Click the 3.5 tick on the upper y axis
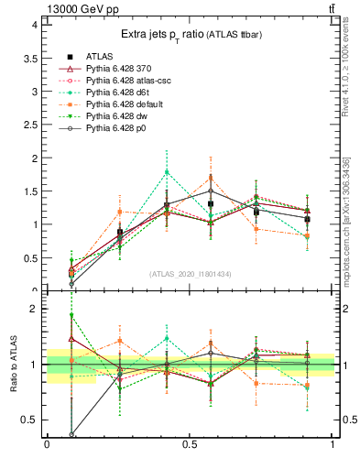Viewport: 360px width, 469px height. point(30,58)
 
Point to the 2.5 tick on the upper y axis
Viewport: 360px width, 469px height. point(30,125)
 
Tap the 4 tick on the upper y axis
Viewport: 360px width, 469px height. point(34,25)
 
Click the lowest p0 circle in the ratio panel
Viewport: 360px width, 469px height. point(71,434)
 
